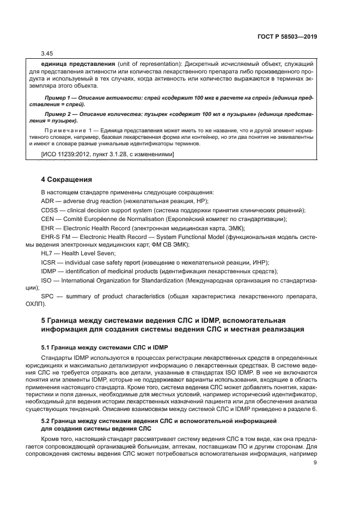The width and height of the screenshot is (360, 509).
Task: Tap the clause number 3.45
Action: click(x=47, y=53)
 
